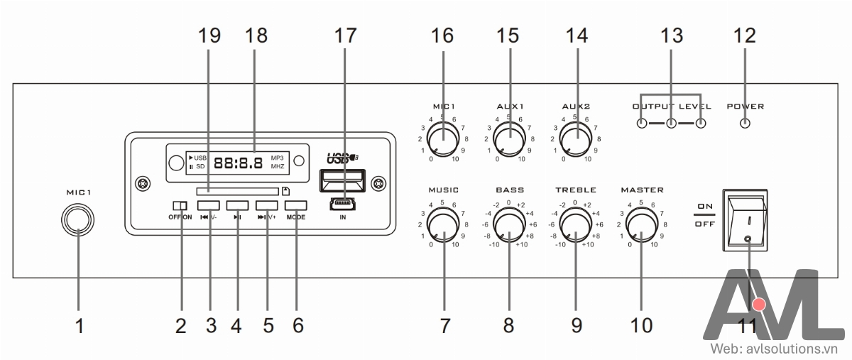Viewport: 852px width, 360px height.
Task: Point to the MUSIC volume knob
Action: (x=443, y=227)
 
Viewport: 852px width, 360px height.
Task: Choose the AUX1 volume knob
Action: (x=508, y=137)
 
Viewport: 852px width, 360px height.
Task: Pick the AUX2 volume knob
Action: (x=576, y=137)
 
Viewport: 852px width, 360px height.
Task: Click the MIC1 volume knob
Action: (x=443, y=137)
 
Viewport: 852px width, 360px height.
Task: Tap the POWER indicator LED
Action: (x=743, y=124)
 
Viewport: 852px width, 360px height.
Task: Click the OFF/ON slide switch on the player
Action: (x=180, y=206)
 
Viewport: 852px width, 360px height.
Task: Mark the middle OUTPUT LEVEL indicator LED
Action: (x=671, y=124)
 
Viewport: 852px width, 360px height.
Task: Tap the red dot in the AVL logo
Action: (x=760, y=305)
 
